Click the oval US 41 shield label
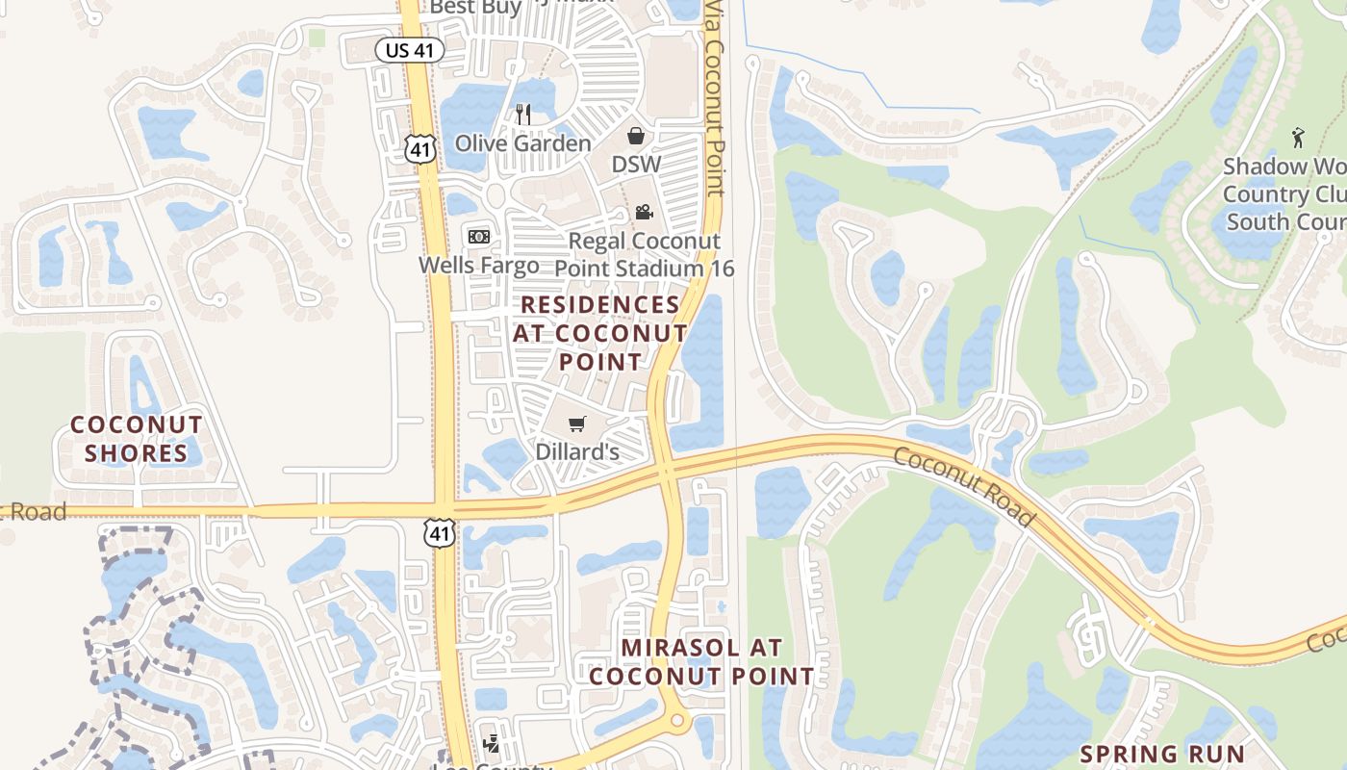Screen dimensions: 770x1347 410,50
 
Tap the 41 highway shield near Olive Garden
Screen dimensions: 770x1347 420,147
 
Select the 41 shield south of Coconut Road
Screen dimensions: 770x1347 440,532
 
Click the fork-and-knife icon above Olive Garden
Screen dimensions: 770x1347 523,115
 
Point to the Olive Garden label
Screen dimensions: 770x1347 522,143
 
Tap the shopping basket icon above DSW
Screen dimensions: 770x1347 636,135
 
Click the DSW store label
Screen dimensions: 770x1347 636,164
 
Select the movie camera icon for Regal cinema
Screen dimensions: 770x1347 643,212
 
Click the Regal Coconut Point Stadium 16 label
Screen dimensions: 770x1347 645,254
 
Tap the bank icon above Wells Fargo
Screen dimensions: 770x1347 478,236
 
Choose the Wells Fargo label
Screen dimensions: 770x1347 478,264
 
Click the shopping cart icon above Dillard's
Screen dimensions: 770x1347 576,423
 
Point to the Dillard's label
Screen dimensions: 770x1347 576,451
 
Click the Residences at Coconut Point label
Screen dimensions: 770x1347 600,333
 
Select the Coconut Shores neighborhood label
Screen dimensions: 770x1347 136,439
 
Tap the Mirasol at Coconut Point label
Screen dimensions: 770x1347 701,661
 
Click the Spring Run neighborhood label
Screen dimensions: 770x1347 1162,754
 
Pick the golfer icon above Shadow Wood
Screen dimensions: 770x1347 1298,137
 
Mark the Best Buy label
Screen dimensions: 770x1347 475,8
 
